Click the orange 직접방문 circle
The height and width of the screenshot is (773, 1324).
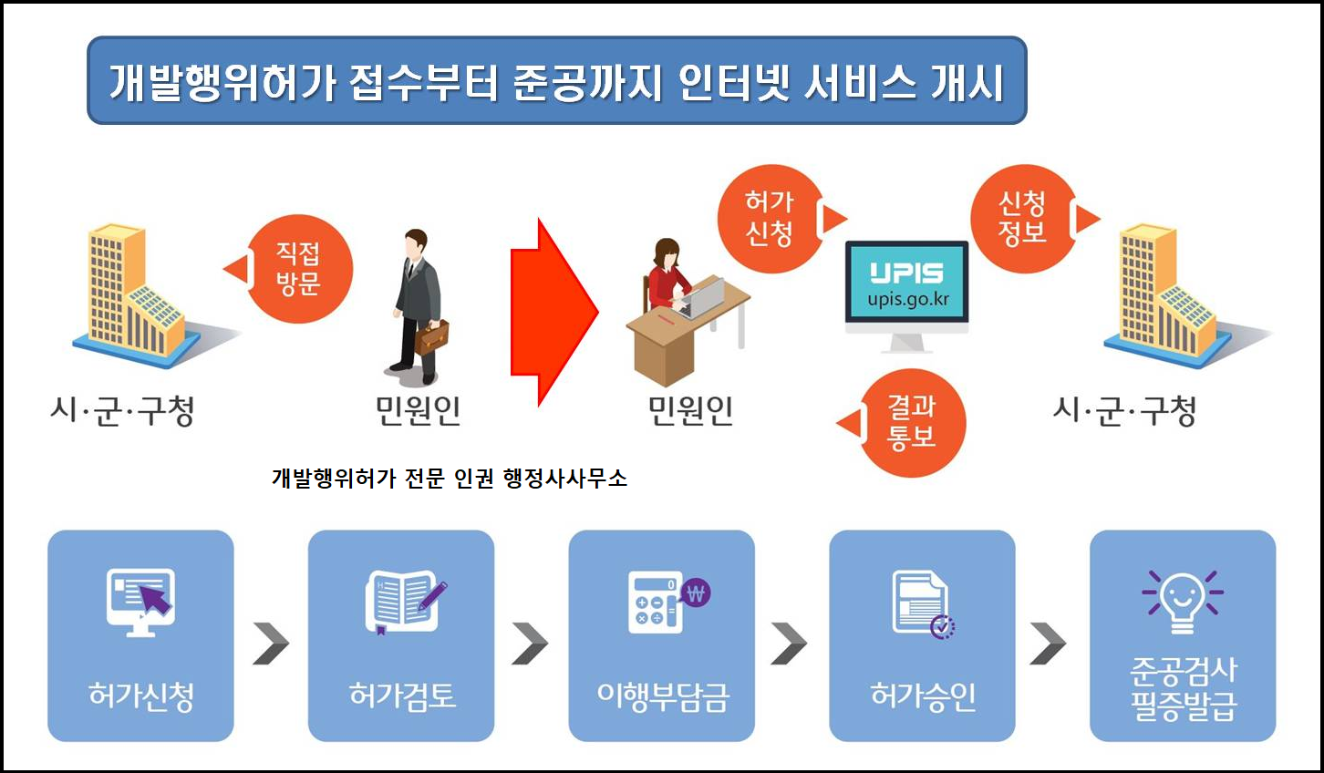(x=298, y=270)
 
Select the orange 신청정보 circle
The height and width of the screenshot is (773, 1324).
(x=1022, y=219)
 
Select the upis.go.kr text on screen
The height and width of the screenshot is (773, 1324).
(x=907, y=299)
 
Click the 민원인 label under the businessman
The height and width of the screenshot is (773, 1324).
(x=418, y=411)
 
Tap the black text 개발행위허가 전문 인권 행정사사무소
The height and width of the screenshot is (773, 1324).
(x=450, y=478)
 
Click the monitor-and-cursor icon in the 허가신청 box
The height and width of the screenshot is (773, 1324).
(x=140, y=601)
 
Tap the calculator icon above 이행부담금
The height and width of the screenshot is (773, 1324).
(x=667, y=601)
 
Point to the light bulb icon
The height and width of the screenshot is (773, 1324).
(x=1182, y=601)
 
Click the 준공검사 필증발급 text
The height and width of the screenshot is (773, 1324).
(x=1183, y=687)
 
